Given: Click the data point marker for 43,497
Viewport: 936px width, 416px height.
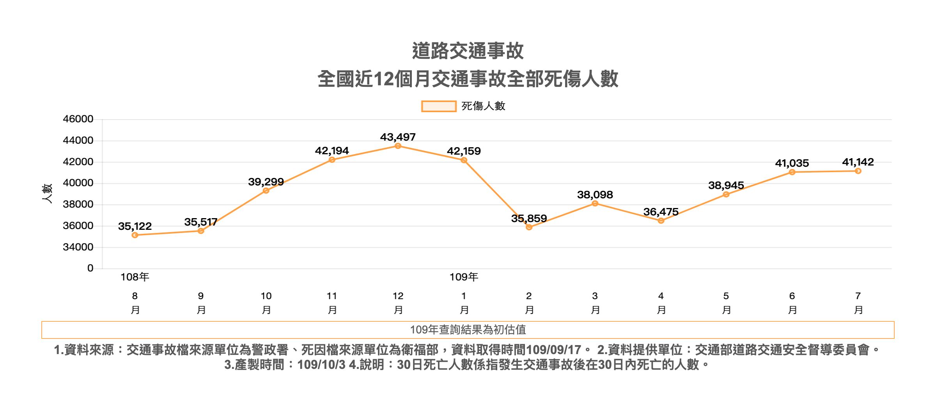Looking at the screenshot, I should (x=398, y=146).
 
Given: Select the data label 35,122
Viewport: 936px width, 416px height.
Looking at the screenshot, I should (x=135, y=226).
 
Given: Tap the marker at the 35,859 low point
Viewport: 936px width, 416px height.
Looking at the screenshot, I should (x=529, y=227).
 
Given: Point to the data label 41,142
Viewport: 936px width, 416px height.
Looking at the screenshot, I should (x=858, y=162).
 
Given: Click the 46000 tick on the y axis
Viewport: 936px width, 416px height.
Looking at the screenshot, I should (x=78, y=119).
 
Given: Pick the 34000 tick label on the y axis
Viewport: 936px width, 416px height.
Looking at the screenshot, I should (x=78, y=247).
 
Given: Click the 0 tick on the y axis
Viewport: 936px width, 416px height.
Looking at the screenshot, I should (x=90, y=268).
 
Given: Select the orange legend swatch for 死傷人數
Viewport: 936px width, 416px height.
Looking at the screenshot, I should (x=439, y=106).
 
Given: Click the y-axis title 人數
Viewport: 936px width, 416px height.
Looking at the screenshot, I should (x=47, y=193).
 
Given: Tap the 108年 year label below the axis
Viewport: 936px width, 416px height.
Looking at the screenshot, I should (x=135, y=277).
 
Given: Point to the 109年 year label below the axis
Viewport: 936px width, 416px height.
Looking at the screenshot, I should (x=464, y=277).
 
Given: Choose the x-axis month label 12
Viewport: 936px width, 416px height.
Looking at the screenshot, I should (x=398, y=296).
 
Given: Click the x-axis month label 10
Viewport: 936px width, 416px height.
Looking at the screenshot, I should (x=266, y=296).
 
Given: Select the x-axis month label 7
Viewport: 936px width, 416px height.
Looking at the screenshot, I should (x=858, y=296).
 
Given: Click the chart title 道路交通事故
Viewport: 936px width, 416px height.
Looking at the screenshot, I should (x=468, y=51).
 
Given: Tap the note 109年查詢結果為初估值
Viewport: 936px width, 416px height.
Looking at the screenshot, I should (x=468, y=330).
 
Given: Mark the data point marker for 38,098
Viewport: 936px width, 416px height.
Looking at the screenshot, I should (x=595, y=203).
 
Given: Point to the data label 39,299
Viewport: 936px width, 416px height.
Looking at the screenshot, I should (x=266, y=182).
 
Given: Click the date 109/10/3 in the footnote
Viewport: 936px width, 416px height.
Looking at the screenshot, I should (x=321, y=365).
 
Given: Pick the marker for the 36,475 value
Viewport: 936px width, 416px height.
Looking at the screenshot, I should (x=661, y=221).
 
